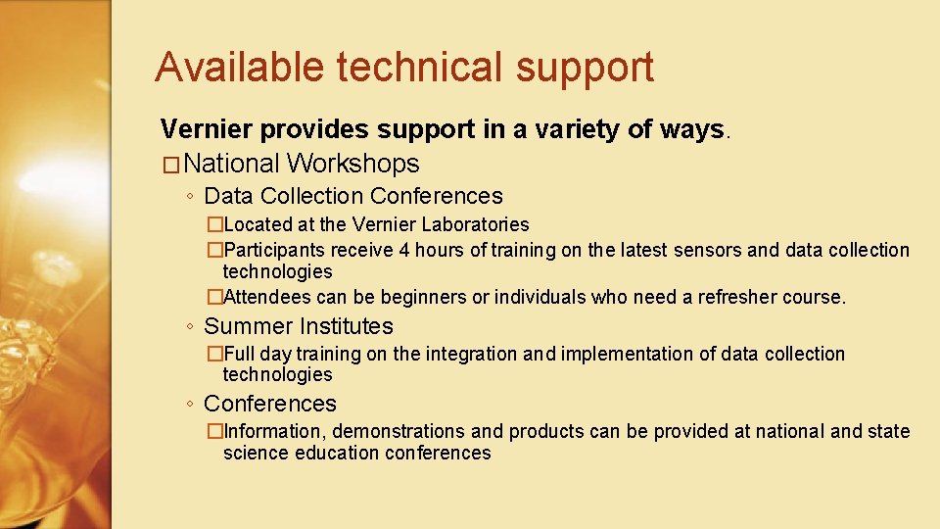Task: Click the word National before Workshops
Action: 231,164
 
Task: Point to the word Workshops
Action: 353,164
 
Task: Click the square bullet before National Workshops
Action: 170,165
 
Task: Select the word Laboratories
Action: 475,225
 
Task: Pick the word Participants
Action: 275,250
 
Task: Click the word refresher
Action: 737,297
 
